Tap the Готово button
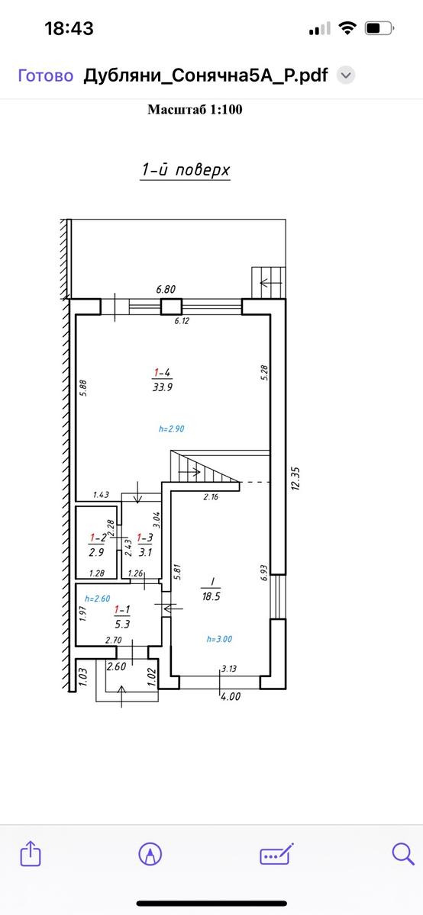pyautogui.click(x=46, y=75)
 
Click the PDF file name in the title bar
pyautogui.click(x=205, y=75)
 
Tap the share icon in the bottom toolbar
pyautogui.click(x=31, y=853)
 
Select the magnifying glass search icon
pyautogui.click(x=403, y=853)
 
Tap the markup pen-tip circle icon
pyautogui.click(x=150, y=854)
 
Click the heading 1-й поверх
pyautogui.click(x=186, y=170)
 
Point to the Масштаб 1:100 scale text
pyautogui.click(x=195, y=110)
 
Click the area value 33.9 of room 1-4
pyautogui.click(x=163, y=387)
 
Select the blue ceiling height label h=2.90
pyautogui.click(x=171, y=429)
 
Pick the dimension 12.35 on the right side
pyautogui.click(x=295, y=478)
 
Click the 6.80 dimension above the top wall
pyautogui.click(x=166, y=289)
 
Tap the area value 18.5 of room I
pyautogui.click(x=211, y=596)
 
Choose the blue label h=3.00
pyautogui.click(x=219, y=639)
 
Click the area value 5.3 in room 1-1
pyautogui.click(x=122, y=624)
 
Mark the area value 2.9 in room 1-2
pyautogui.click(x=96, y=552)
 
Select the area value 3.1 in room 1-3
pyautogui.click(x=145, y=552)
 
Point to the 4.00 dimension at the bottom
pyautogui.click(x=231, y=696)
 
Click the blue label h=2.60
pyautogui.click(x=98, y=599)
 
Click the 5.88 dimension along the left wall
pyautogui.click(x=83, y=388)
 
